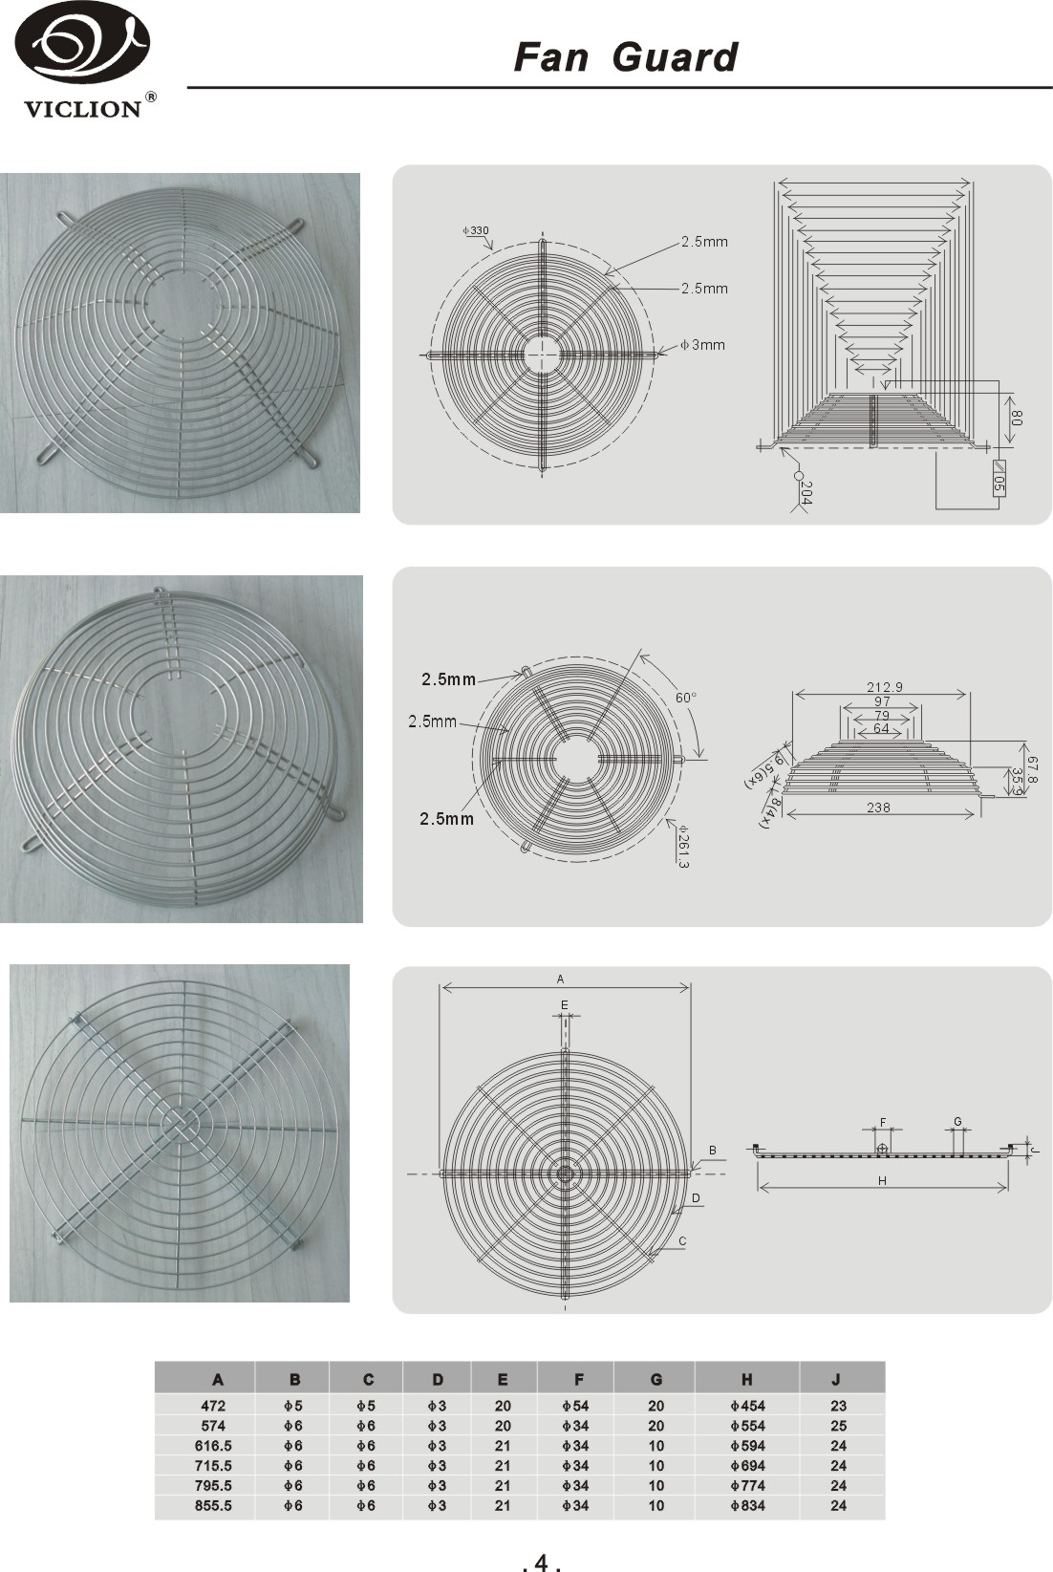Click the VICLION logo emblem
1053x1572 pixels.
coord(82,48)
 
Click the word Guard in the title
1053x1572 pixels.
coord(675,57)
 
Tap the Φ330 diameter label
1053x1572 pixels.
coord(476,230)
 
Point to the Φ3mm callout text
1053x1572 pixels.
coord(702,345)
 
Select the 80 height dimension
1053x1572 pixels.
coord(1017,419)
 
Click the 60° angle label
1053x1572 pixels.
coord(686,698)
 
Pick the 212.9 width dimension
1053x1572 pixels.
coord(884,687)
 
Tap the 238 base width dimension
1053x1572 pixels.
coord(878,808)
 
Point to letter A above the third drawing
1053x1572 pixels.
coord(560,979)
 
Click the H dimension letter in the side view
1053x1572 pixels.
coord(882,1180)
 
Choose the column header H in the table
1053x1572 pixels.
coord(746,1379)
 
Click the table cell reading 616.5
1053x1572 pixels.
coord(213,1446)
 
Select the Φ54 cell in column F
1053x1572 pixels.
coord(575,1406)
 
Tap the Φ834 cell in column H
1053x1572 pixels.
coord(747,1505)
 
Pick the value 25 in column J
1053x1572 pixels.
coord(838,1426)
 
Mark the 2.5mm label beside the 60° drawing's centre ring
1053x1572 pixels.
coord(432,721)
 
